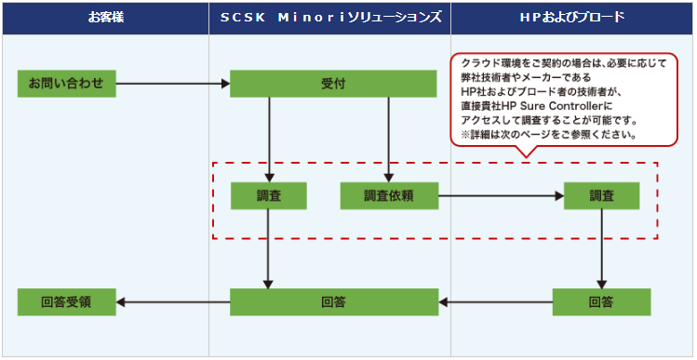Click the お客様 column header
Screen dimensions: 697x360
[105, 19]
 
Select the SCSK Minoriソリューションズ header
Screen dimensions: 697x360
[329, 19]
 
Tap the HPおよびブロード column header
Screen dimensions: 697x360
[572, 19]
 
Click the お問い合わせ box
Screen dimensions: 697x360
[67, 84]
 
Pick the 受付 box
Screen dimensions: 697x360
[333, 84]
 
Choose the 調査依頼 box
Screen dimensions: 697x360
[389, 195]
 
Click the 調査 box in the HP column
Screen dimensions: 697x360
[601, 195]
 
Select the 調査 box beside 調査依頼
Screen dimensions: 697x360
[269, 195]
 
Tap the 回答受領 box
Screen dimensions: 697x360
[67, 302]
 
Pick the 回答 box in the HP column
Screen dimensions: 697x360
[601, 302]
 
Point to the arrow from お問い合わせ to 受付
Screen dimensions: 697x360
[173, 84]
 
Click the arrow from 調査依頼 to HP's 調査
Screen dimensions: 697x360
[501, 195]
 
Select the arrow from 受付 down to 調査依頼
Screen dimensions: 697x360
[389, 140]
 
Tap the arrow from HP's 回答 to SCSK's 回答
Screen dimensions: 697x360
[496, 302]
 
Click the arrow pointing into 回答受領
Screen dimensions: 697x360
[173, 302]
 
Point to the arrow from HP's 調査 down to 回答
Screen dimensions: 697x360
[601, 249]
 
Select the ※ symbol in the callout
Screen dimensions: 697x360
[465, 135]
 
